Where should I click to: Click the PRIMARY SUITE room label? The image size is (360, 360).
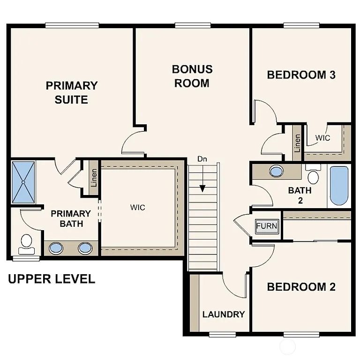pos(72,92)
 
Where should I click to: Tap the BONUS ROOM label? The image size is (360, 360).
pos(192,76)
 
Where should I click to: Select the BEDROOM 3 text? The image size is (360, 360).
pos(301,75)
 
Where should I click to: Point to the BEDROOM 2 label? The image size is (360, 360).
pos(301,287)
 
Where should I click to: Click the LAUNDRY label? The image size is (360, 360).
pos(224,314)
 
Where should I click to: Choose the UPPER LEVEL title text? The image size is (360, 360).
pos(52,279)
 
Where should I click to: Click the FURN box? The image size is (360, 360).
pos(266,226)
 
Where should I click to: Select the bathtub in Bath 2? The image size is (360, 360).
pos(338,186)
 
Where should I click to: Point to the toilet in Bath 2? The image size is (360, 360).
pos(313,175)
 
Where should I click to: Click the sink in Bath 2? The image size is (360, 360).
pos(277,171)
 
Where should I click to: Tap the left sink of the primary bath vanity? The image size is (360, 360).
pos(56,248)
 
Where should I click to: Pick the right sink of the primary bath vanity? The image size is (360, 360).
pos(85,248)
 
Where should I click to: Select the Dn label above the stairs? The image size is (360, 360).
pos(202,159)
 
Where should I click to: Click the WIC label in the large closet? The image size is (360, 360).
pos(138,207)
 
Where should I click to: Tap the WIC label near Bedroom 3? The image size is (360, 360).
pos(322,138)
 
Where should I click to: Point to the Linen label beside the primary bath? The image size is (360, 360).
pos(94,177)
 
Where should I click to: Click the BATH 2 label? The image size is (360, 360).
pos(300,195)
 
